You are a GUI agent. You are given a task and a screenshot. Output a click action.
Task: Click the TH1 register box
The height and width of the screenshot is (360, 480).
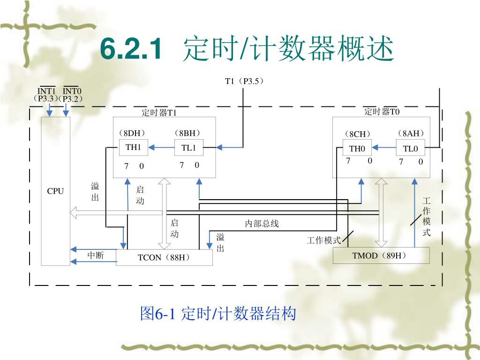(x=133, y=148)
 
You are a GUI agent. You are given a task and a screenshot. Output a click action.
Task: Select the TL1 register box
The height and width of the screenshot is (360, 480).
(x=188, y=148)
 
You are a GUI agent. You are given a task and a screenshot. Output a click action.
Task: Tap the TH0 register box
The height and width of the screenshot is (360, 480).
(x=357, y=149)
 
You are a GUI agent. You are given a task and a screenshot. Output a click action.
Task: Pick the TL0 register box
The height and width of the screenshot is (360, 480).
(x=411, y=149)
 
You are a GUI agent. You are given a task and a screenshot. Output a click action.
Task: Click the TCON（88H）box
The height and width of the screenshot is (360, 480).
(x=165, y=257)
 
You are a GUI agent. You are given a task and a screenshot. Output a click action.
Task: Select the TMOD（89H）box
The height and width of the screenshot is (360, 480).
(x=381, y=255)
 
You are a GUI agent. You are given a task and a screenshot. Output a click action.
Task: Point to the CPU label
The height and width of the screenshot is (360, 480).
(x=55, y=191)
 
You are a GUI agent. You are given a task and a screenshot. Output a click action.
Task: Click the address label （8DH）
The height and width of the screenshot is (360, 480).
(x=132, y=133)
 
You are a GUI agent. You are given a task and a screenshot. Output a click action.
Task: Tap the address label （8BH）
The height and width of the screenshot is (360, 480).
(x=187, y=133)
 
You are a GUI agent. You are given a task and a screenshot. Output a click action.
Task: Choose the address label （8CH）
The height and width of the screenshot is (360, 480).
(x=358, y=134)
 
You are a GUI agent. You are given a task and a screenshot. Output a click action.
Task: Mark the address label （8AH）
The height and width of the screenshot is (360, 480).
(x=411, y=134)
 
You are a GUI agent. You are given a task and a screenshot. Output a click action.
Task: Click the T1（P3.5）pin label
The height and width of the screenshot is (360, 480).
(x=244, y=81)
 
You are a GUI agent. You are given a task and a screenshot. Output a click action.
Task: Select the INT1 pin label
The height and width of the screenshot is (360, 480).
(x=46, y=91)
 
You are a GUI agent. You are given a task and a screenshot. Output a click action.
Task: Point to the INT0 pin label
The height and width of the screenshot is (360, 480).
(x=72, y=91)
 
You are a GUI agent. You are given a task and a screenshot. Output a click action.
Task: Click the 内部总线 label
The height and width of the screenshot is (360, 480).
(x=262, y=224)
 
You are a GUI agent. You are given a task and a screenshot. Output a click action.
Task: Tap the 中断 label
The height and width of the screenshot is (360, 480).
(x=96, y=255)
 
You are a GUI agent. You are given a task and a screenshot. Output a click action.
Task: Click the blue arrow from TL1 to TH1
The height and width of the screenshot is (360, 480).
(x=161, y=148)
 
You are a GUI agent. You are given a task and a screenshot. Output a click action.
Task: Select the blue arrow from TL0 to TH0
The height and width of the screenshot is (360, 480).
(x=384, y=148)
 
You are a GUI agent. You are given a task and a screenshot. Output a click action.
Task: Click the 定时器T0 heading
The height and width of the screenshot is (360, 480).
(x=382, y=112)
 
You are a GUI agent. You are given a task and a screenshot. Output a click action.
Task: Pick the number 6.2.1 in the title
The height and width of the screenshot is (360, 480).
(x=131, y=49)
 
